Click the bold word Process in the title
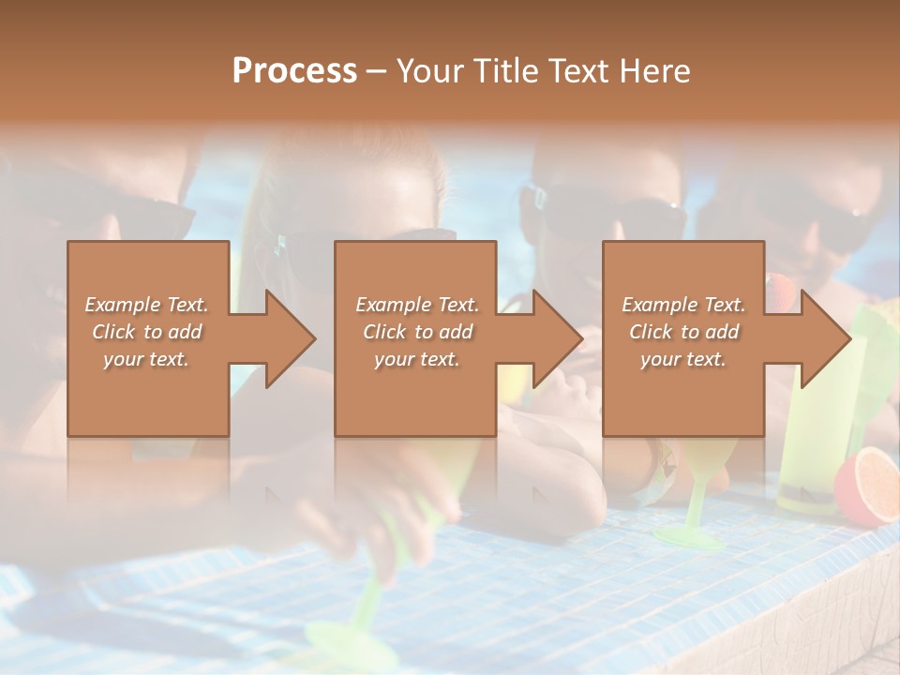(294, 71)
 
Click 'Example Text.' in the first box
(146, 305)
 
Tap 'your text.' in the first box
(146, 359)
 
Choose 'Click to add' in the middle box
(417, 332)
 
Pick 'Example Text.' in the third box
(683, 305)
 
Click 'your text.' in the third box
(683, 359)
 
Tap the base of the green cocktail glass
(688, 538)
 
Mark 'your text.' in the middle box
(417, 359)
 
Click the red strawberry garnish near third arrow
(778, 286)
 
